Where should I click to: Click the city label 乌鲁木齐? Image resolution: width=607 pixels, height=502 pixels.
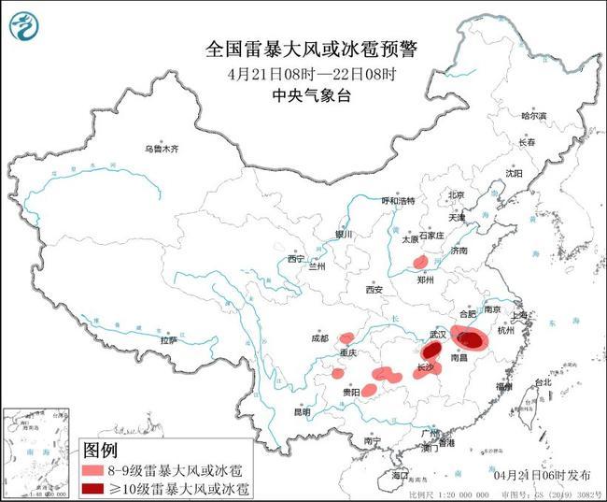160,149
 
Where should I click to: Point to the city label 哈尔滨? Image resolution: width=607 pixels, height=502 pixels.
533,116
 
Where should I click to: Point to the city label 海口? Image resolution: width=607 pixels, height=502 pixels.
401,476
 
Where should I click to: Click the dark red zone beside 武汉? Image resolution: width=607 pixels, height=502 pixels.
431,351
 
